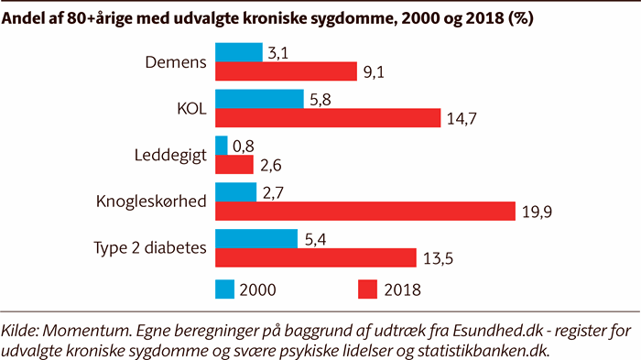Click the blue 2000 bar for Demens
[238, 52]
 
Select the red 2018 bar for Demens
[285, 71]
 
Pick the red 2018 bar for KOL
[327, 118]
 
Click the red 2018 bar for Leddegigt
[234, 165]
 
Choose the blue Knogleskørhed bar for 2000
[235, 192]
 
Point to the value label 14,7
[462, 119]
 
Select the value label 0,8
[244, 145]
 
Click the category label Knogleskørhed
[151, 202]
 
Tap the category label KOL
[190, 108]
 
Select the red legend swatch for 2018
[367, 289]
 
